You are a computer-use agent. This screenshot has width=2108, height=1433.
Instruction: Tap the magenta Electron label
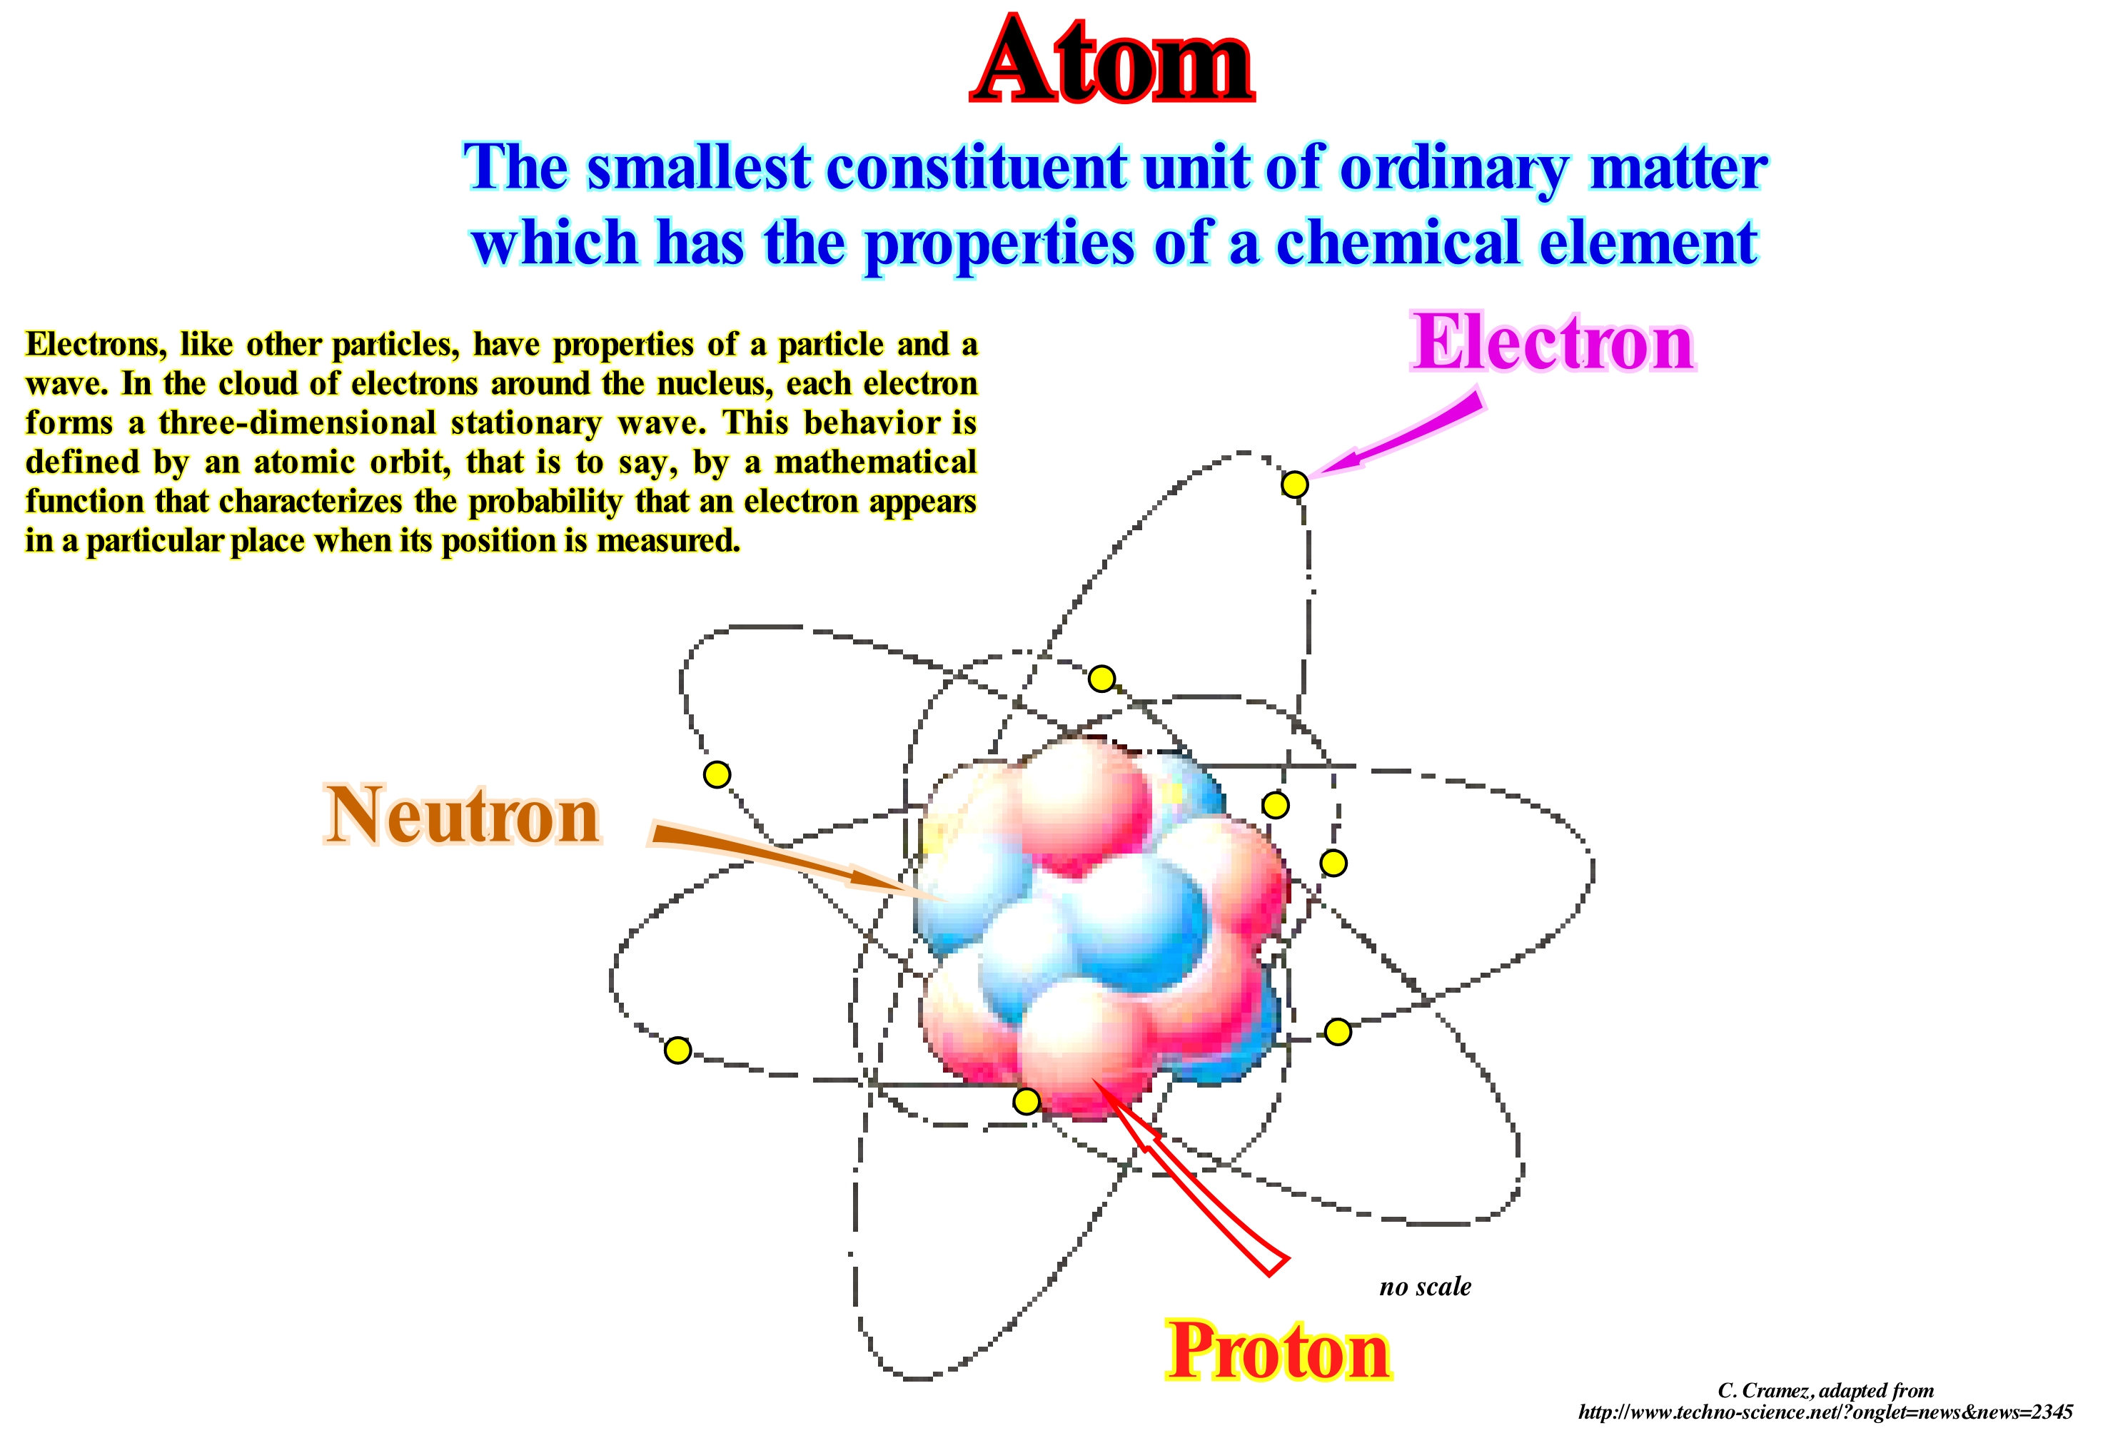pyautogui.click(x=1553, y=343)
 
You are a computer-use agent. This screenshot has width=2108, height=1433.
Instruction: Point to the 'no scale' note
pyautogui.click(x=1425, y=1286)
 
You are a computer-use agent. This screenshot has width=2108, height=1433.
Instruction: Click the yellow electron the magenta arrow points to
pyautogui.click(x=1294, y=485)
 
